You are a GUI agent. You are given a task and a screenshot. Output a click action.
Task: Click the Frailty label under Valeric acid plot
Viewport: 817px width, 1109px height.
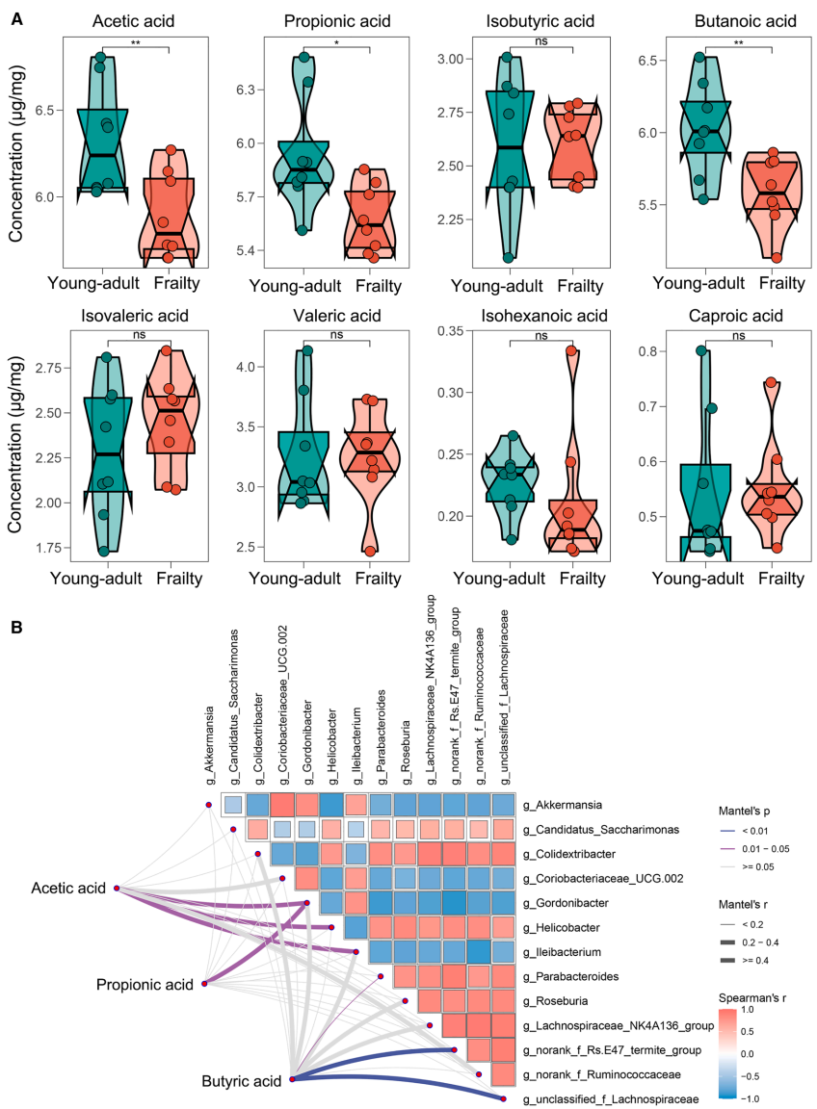tap(377, 578)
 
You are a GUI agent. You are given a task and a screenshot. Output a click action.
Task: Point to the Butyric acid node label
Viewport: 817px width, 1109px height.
tap(241, 1081)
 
